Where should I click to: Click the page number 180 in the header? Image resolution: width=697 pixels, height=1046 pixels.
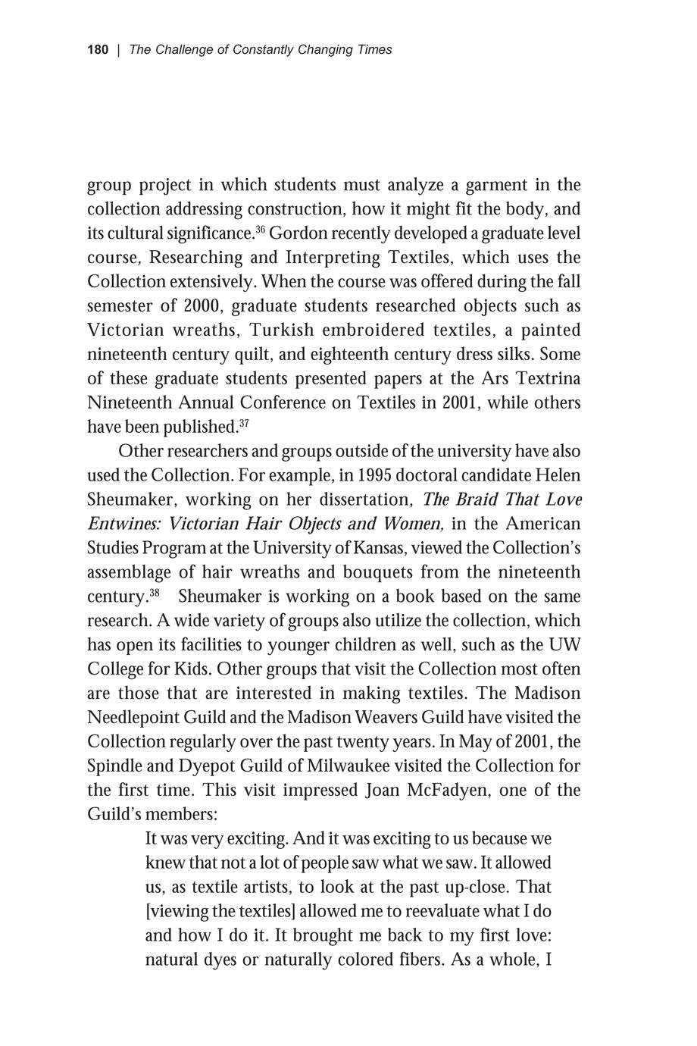pyautogui.click(x=98, y=50)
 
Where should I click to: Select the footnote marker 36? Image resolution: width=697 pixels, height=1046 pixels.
pyautogui.click(x=259, y=228)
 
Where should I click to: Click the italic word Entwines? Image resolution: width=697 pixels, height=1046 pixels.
pyautogui.click(x=124, y=524)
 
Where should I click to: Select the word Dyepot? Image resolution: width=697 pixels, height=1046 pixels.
pyautogui.click(x=208, y=766)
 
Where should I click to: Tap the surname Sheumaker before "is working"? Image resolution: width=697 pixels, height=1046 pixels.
pyautogui.click(x=221, y=597)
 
